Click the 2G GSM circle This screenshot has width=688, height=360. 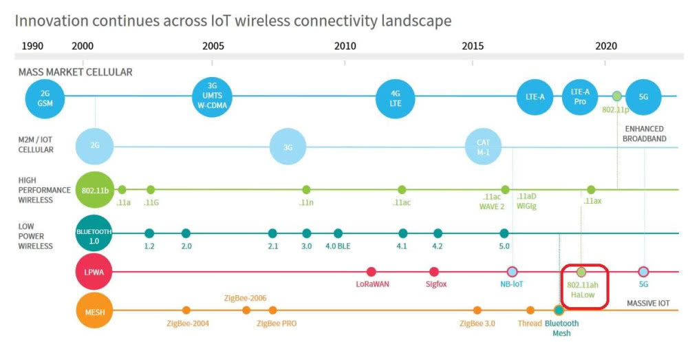click(45, 98)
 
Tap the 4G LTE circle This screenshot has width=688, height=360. click(396, 98)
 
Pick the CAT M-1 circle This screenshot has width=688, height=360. click(483, 147)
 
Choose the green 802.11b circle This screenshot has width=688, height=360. click(95, 189)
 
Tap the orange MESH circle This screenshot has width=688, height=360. click(94, 311)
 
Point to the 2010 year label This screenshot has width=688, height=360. click(345, 46)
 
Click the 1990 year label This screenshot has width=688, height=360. click(32, 46)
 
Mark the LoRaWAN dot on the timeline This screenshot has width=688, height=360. click(372, 272)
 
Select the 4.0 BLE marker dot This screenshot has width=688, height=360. click(338, 233)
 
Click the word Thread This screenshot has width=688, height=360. click(530, 323)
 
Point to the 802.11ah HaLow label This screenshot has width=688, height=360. click(582, 288)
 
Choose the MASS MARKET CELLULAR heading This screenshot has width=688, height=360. click(75, 72)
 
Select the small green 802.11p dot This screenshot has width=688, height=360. click(617, 96)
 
